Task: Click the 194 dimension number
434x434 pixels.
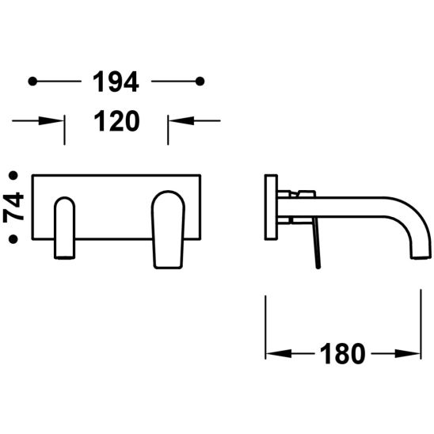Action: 116,82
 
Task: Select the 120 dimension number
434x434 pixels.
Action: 116,120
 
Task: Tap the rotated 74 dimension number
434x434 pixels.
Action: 13,207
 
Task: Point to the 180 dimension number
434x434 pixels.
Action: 342,353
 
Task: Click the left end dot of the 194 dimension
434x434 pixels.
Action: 32,82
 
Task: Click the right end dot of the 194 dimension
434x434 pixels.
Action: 200,82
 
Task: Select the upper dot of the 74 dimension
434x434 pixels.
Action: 13,175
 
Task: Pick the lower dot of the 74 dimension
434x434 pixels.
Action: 13,239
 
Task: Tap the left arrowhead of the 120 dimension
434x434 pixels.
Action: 51,120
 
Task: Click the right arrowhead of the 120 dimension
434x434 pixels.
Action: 181,120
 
